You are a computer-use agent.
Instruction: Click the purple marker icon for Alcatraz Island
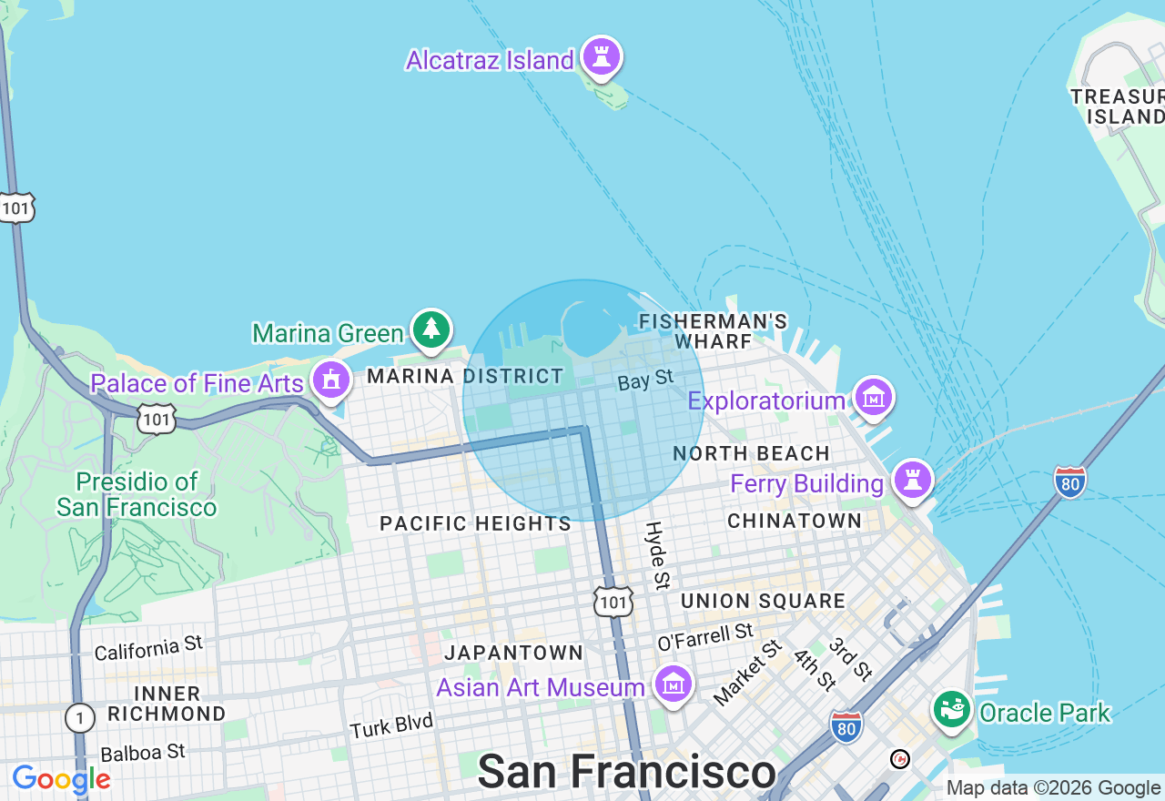(x=601, y=56)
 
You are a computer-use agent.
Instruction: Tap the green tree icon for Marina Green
(x=431, y=329)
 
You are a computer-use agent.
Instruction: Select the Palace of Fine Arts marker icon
(x=331, y=379)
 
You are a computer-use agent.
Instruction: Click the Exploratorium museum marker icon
(x=874, y=397)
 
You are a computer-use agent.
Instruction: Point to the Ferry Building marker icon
(x=912, y=479)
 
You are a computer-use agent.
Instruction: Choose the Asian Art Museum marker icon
(x=674, y=684)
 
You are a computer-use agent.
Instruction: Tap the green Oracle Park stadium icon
(x=952, y=708)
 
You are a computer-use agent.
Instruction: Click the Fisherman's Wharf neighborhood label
(x=713, y=331)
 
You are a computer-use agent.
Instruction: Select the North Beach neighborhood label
(x=751, y=453)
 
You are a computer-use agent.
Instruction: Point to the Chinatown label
(x=795, y=521)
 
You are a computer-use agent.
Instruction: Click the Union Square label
(x=763, y=602)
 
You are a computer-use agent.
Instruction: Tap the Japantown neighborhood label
(x=513, y=653)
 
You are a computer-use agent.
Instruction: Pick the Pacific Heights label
(x=475, y=523)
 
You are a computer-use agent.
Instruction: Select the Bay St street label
(x=645, y=380)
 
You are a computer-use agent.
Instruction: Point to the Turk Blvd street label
(x=392, y=726)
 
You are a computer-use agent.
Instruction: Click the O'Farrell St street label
(x=705, y=636)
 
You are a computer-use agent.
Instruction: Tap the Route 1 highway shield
(x=79, y=719)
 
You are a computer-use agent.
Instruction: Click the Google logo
(x=61, y=779)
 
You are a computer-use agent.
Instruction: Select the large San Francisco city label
(x=626, y=772)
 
